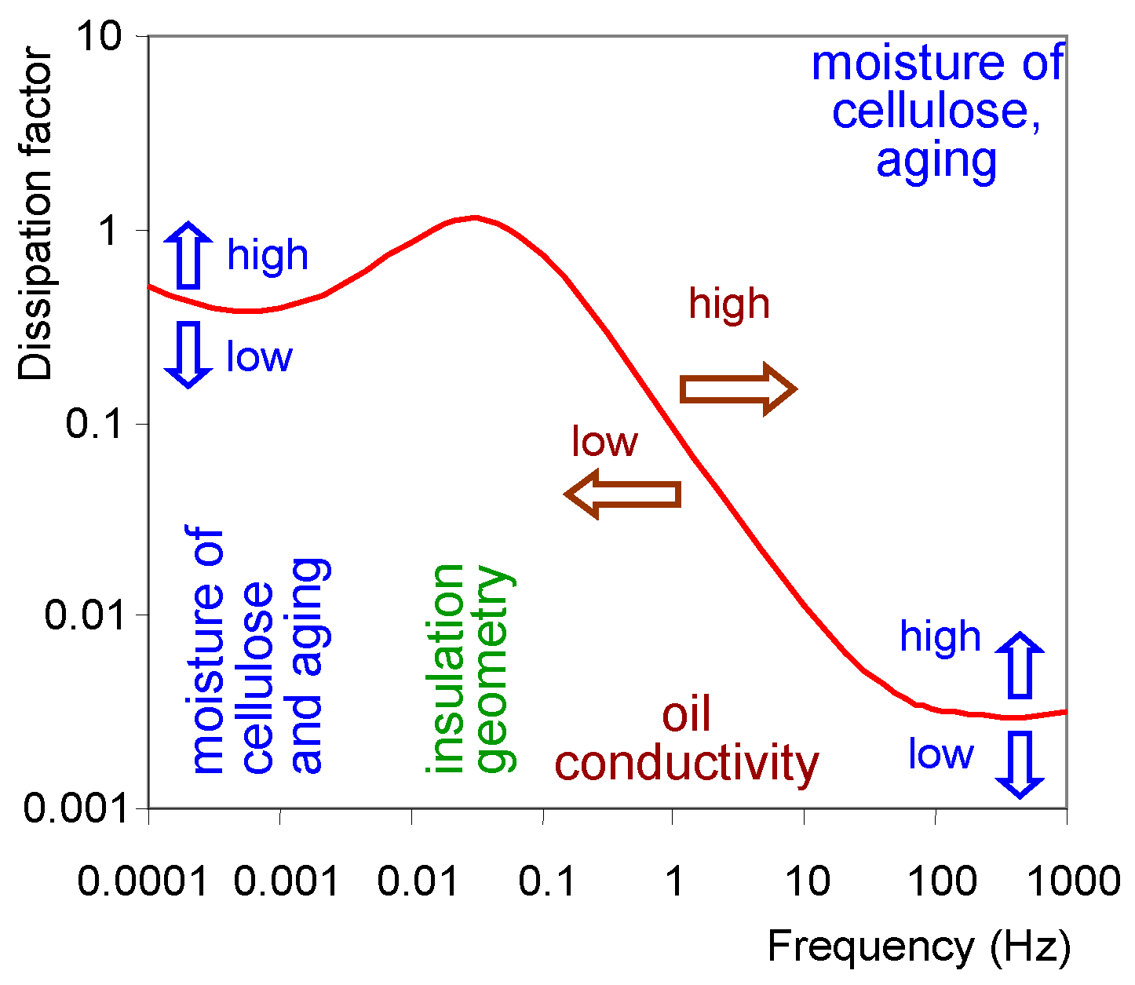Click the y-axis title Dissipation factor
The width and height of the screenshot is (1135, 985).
35,214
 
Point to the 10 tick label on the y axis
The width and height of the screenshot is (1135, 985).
100,37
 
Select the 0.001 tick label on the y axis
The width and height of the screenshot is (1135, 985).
75,808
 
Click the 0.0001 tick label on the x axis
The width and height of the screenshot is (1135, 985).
143,881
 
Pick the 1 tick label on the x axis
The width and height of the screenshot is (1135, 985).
674,881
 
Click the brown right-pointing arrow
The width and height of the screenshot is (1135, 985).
738,389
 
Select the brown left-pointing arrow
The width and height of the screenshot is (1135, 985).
622,494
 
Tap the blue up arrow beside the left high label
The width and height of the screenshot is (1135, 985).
188,256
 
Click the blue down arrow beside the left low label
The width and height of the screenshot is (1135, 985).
188,354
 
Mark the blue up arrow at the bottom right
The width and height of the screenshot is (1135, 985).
1020,665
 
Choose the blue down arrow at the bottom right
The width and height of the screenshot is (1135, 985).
1020,764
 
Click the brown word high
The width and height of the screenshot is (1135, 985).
729,304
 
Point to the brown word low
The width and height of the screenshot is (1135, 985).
604,442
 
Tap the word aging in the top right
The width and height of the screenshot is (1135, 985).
936,161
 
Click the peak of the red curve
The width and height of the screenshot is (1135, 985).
474,217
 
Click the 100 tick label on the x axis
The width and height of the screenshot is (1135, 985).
942,881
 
